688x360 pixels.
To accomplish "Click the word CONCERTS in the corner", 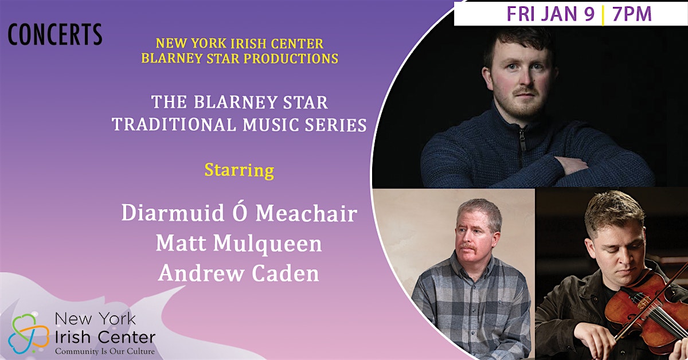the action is click(55, 34).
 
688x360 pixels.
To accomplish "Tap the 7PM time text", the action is click(632, 14).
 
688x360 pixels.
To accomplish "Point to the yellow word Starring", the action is click(239, 170).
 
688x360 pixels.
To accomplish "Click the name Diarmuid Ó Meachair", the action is click(239, 212).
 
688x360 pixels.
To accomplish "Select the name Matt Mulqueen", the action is click(239, 244).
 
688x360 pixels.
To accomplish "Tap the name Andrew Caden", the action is click(239, 273).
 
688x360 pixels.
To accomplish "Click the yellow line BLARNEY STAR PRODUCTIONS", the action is click(240, 58).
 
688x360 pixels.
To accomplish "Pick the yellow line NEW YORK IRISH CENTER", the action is click(240, 44).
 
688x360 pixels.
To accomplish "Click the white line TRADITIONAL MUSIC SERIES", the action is click(239, 125).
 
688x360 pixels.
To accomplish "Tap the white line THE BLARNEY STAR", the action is click(239, 102).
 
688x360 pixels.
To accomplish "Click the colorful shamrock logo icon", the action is click(29, 333).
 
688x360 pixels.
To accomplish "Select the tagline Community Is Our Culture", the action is click(105, 351).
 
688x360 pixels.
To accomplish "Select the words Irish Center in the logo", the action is click(105, 338).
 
